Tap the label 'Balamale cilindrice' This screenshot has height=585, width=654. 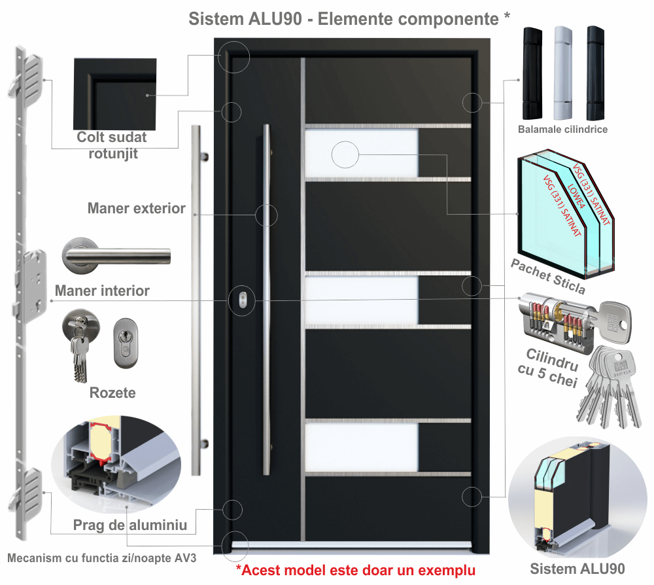(x=562, y=130)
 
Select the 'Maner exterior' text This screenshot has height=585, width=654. (x=137, y=209)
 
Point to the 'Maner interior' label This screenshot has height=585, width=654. (x=102, y=291)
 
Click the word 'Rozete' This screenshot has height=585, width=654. (x=112, y=393)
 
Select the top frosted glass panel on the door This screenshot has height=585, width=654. (x=361, y=154)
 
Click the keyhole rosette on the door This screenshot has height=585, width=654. (x=243, y=299)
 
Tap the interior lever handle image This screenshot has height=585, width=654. (x=114, y=256)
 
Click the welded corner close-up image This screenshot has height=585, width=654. (x=115, y=93)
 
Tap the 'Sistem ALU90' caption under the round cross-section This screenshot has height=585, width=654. (x=577, y=568)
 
